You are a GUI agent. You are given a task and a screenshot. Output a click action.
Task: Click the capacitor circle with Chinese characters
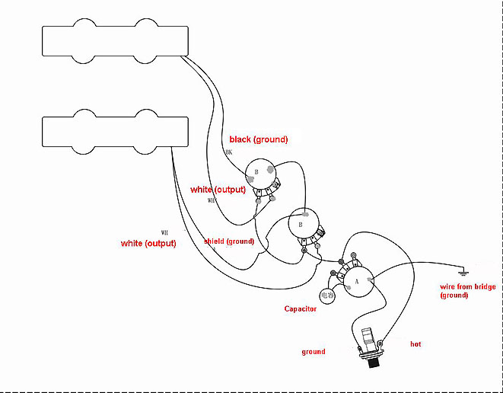(328, 296)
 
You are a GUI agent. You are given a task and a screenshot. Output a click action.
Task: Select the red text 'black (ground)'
(259, 139)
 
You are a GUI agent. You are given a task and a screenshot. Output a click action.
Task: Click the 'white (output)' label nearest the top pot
(218, 189)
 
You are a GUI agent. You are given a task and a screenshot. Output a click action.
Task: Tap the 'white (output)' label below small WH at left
(148, 243)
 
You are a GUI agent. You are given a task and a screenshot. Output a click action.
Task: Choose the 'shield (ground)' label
(228, 241)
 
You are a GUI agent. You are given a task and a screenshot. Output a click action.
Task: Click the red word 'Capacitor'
(301, 308)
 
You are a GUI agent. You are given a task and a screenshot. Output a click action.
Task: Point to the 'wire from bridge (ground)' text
(468, 291)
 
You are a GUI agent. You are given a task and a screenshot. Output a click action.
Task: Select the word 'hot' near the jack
(415, 344)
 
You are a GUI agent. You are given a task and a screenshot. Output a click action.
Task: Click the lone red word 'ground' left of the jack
(314, 352)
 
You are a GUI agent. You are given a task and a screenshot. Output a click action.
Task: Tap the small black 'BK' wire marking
(228, 152)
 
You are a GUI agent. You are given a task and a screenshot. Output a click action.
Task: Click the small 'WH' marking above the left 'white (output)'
(164, 232)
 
